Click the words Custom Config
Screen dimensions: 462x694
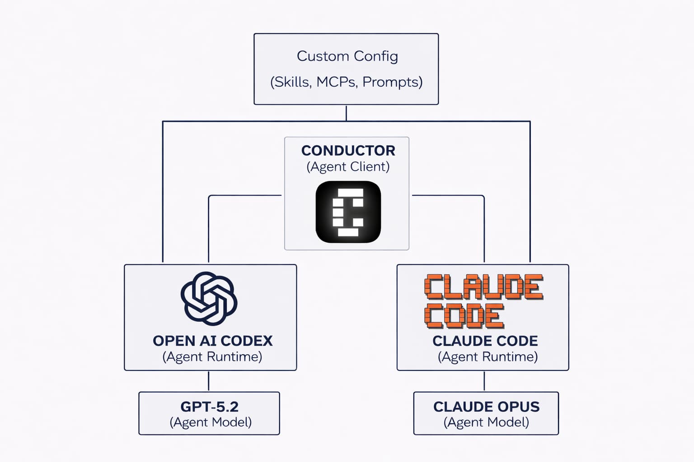[347, 56]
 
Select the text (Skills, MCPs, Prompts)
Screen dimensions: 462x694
[346, 82]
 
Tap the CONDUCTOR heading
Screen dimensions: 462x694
[348, 150]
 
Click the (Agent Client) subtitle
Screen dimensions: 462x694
[348, 166]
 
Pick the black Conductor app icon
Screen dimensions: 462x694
[348, 212]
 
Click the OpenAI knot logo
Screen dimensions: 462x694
[209, 299]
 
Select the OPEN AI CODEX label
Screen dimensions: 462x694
[212, 341]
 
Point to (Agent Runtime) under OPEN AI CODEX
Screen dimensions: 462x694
[212, 357]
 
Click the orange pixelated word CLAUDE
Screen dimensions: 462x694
[483, 287]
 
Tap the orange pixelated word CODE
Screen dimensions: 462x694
[464, 316]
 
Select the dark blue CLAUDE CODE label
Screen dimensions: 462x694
[485, 341]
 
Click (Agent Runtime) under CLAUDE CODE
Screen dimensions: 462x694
[488, 357]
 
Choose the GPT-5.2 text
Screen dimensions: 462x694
[209, 407]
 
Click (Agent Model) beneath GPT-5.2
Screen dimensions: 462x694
[211, 422]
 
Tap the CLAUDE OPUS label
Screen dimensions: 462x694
[486, 407]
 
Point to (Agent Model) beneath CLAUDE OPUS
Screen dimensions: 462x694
[486, 422]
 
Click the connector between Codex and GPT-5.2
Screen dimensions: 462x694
[208, 381]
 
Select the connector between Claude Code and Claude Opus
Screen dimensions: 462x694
[484, 381]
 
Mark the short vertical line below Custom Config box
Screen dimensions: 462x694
[346, 113]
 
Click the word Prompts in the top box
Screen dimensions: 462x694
[392, 82]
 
